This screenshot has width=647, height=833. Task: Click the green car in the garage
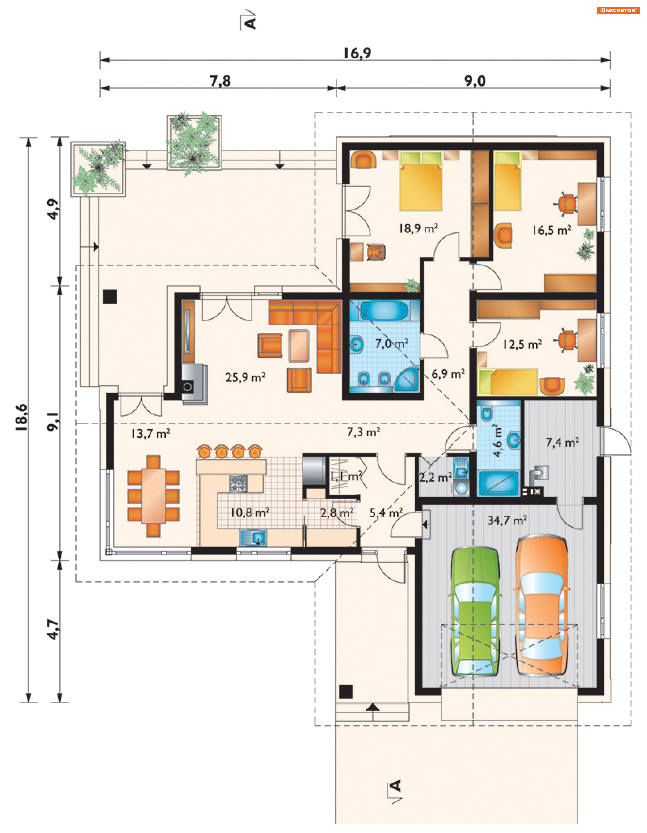pyautogui.click(x=475, y=611)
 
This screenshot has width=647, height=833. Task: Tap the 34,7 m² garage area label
pyautogui.click(x=507, y=520)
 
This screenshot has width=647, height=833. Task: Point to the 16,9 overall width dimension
pyautogui.click(x=357, y=53)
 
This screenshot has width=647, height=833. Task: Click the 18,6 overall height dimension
pyautogui.click(x=22, y=417)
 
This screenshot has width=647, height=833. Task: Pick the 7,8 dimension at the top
pyautogui.click(x=220, y=81)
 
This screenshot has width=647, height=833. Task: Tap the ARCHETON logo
pyautogui.click(x=618, y=10)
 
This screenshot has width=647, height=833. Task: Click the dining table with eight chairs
pyautogui.click(x=153, y=496)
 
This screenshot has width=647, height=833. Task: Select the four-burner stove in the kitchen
pyautogui.click(x=238, y=483)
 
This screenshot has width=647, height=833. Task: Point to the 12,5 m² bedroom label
pyautogui.click(x=522, y=344)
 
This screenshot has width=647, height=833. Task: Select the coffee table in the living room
pyautogui.click(x=299, y=346)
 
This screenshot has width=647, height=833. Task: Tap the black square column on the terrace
pyautogui.click(x=110, y=296)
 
